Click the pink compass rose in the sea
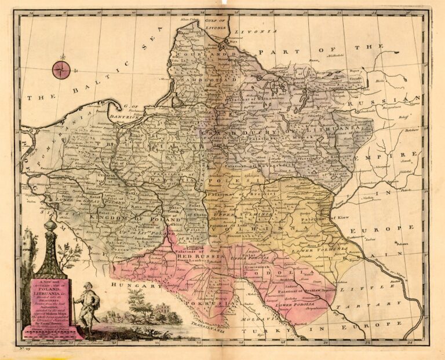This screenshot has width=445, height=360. click(61, 69)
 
